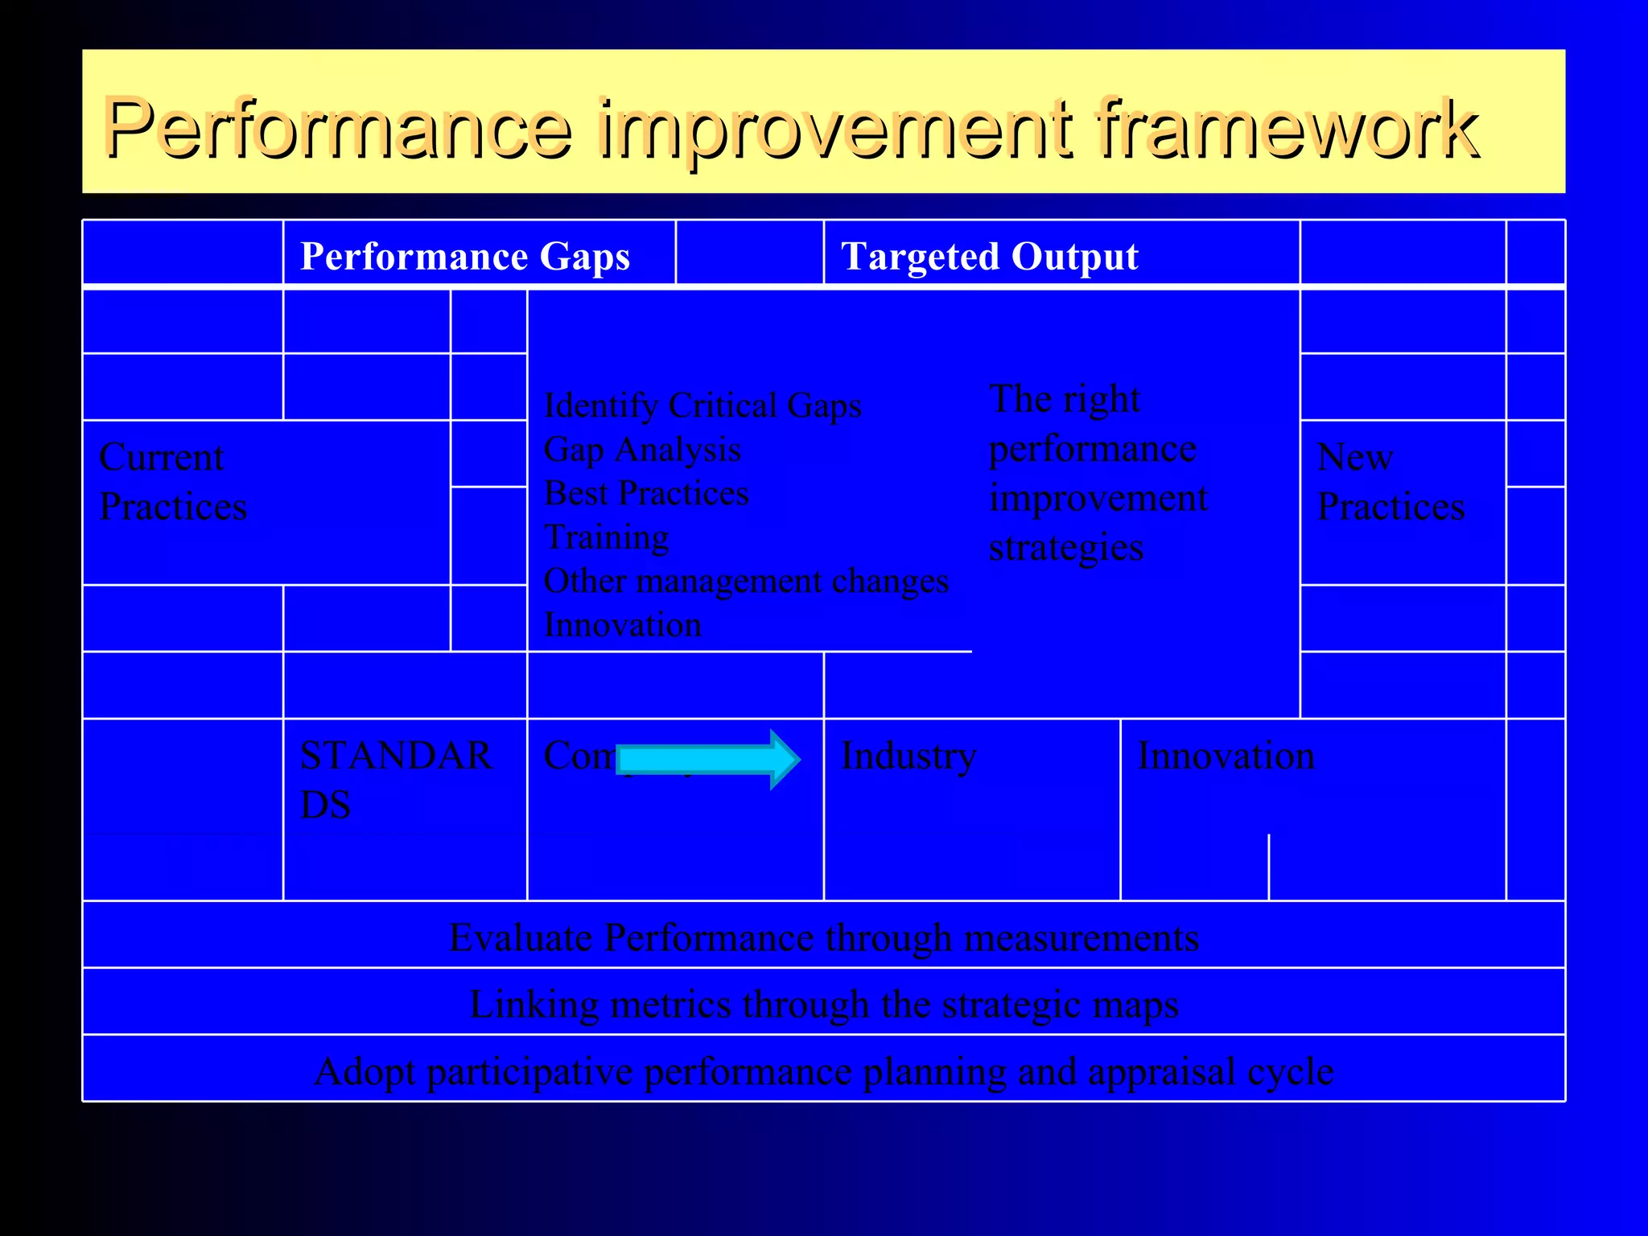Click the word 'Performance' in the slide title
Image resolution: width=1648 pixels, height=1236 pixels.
[338, 129]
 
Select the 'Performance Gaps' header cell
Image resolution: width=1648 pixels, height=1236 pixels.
[464, 257]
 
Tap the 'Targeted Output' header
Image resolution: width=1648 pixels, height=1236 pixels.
[989, 257]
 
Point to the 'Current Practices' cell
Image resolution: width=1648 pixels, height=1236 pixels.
[173, 482]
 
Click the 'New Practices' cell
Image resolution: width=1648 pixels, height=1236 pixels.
[1390, 482]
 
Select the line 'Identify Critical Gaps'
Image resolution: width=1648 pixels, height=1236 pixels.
[702, 405]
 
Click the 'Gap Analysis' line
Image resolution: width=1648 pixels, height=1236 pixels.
[642, 449]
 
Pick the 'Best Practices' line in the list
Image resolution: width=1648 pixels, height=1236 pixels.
[646, 492]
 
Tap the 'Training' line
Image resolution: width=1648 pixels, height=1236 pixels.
[606, 537]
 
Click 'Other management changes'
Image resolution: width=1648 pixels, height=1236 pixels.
[746, 580]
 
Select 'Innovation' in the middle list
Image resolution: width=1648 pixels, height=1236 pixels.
[622, 624]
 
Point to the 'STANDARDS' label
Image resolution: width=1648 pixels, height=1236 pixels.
[394, 779]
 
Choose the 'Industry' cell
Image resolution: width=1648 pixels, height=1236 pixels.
[908, 756]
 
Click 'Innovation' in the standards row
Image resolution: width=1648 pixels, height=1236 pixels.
[1226, 756]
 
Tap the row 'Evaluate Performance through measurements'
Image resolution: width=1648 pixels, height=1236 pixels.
[824, 937]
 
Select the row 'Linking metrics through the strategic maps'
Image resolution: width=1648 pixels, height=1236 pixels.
[824, 1004]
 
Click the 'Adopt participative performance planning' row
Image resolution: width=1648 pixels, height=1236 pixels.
[824, 1071]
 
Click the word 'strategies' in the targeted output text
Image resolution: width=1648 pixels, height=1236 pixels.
[1065, 548]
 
